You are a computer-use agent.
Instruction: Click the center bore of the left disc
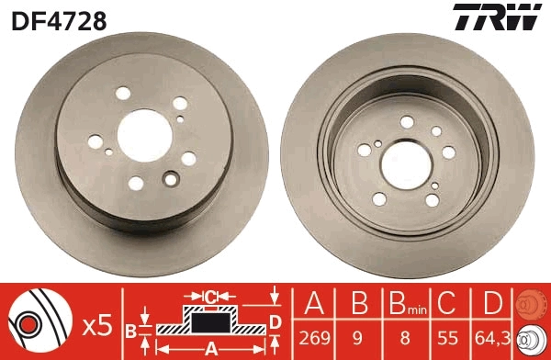(x=143, y=130)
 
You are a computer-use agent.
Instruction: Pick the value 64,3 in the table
(x=493, y=337)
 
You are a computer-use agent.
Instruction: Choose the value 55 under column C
(x=448, y=337)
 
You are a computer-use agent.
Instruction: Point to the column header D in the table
(x=493, y=304)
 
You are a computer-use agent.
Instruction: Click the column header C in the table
(x=448, y=304)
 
